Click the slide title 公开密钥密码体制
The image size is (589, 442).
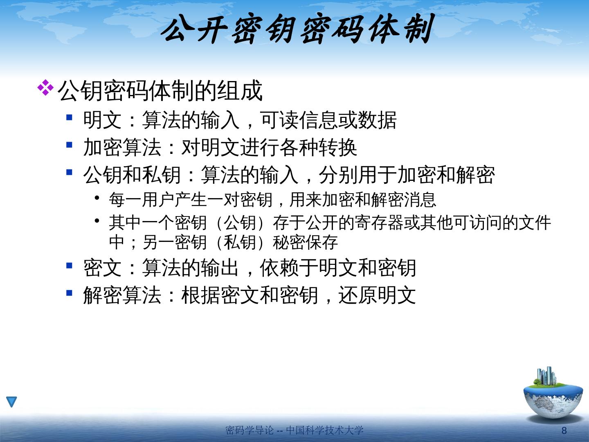(297, 29)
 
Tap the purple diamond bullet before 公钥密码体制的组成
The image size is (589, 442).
(45, 88)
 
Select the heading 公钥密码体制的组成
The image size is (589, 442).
(160, 91)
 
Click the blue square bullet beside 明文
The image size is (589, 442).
(69, 117)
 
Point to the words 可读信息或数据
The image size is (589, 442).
(328, 120)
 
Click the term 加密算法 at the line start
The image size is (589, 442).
(122, 147)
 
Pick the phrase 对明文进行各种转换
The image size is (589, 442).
(269, 147)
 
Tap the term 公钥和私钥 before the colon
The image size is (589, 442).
(132, 175)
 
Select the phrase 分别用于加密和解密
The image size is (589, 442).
(407, 175)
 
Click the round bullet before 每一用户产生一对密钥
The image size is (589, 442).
(97, 198)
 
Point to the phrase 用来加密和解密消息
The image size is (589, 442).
(363, 200)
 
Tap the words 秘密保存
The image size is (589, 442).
(305, 242)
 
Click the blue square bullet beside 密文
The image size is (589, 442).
(69, 265)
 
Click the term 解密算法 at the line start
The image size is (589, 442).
(122, 295)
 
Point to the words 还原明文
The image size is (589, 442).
(377, 295)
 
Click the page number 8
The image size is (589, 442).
(564, 431)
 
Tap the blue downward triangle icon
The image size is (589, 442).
(11, 401)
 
